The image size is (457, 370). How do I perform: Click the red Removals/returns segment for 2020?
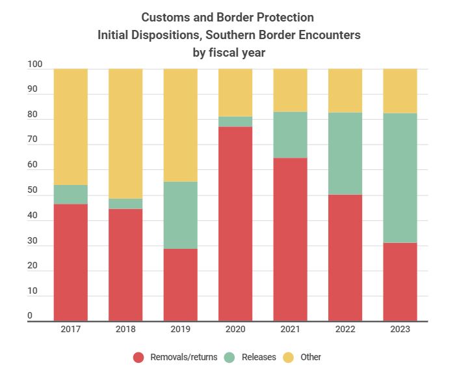pos(235,223)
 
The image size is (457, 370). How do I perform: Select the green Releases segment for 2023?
pos(400,178)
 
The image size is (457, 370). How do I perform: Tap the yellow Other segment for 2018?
pos(125,134)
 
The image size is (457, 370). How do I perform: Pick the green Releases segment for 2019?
pos(180,215)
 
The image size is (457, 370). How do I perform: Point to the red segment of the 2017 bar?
pos(70,262)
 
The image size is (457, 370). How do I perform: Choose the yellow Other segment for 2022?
pos(345,91)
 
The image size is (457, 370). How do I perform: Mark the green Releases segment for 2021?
pos(290,135)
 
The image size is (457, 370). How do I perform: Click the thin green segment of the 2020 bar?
pos(235,122)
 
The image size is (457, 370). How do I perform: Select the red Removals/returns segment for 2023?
pos(400,281)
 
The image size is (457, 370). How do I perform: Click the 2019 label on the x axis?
pos(180,330)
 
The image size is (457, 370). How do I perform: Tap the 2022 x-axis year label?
pos(345,330)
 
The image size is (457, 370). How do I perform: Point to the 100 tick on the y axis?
pos(35,65)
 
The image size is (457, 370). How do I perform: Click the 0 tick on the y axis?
pos(30,317)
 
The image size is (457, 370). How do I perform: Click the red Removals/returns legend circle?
pos(138,357)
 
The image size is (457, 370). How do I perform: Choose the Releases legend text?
pos(259,357)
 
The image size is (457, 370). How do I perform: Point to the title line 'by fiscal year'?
pos(229,52)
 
